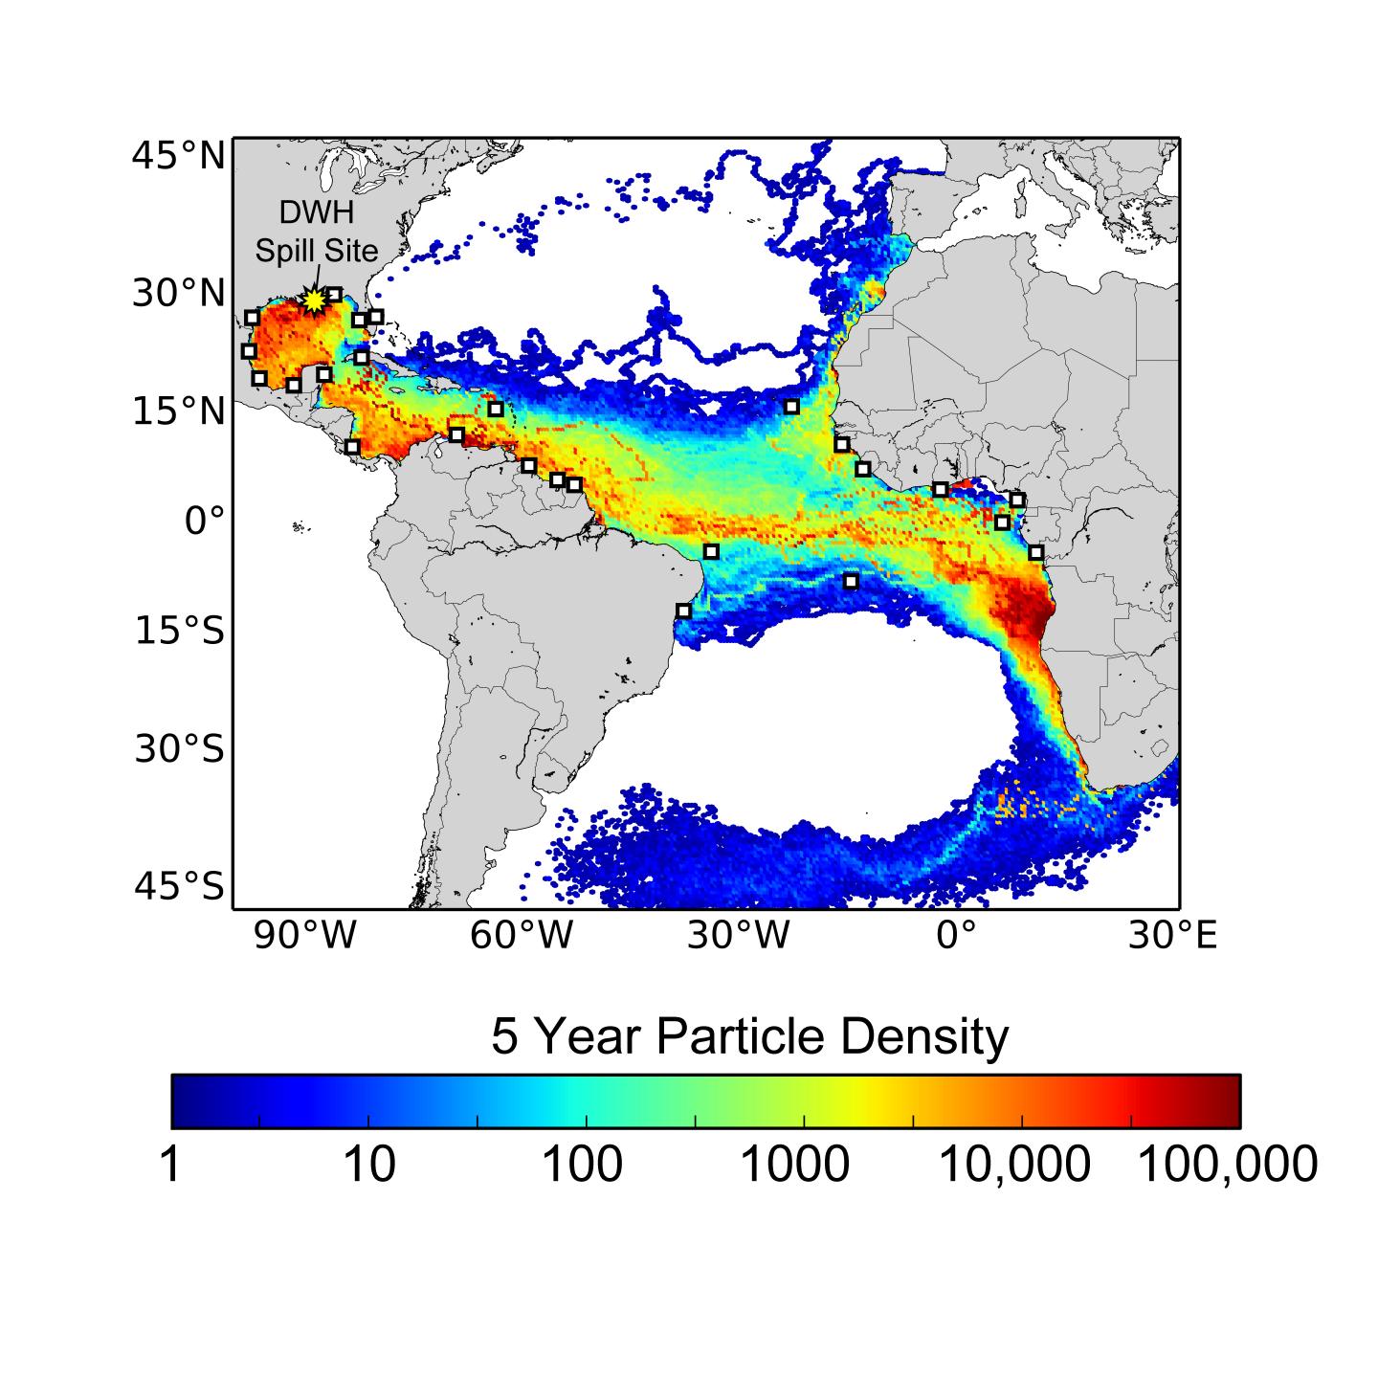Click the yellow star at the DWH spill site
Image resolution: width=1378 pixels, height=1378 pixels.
click(x=314, y=300)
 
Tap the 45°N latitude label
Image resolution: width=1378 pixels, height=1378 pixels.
click(x=178, y=155)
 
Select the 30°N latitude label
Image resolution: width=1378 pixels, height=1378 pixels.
click(x=178, y=293)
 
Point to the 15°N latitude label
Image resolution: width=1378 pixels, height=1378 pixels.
click(x=178, y=411)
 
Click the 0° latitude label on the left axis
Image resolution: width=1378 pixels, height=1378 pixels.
click(x=205, y=521)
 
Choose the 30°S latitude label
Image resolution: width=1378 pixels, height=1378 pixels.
click(x=179, y=748)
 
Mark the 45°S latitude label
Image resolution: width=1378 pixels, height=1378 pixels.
click(x=179, y=887)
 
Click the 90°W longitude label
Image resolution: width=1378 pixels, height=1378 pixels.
click(x=304, y=936)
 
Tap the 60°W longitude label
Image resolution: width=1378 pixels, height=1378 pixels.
click(x=522, y=936)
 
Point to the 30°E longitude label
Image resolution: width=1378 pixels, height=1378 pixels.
click(x=1172, y=936)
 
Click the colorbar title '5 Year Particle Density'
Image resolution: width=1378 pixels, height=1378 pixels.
click(x=749, y=1036)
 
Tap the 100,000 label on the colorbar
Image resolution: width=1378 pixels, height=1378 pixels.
click(x=1228, y=1165)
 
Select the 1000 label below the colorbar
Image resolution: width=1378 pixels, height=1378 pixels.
click(x=796, y=1165)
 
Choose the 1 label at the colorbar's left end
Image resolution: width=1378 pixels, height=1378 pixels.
click(x=170, y=1165)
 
